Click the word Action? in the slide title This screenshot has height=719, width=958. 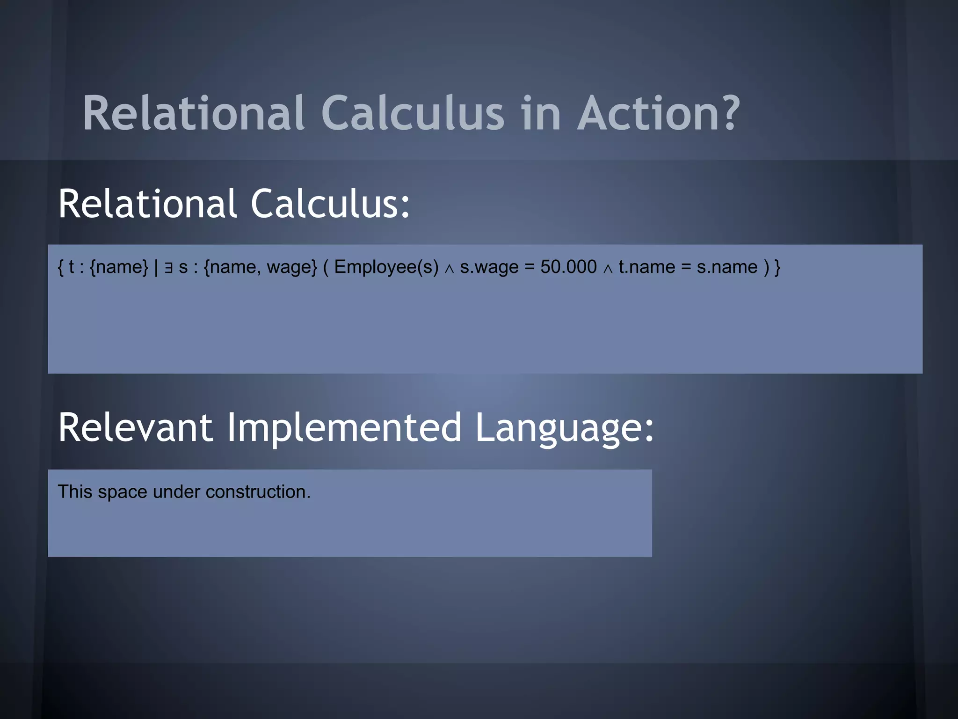click(x=659, y=114)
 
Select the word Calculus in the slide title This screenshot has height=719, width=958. click(x=413, y=114)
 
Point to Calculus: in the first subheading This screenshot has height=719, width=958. click(x=330, y=205)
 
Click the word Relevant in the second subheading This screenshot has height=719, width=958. click(x=136, y=427)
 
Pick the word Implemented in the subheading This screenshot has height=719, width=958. click(x=344, y=427)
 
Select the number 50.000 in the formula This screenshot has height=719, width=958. click(x=568, y=267)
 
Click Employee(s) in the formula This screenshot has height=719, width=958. click(x=386, y=267)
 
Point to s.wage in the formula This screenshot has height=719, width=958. click(x=489, y=267)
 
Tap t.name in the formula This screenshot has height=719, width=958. click(x=647, y=267)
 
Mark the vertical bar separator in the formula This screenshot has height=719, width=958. click(x=156, y=267)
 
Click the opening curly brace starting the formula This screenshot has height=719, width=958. click(x=60, y=267)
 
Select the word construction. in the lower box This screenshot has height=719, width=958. click(x=258, y=492)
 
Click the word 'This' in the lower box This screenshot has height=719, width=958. click(x=75, y=492)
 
